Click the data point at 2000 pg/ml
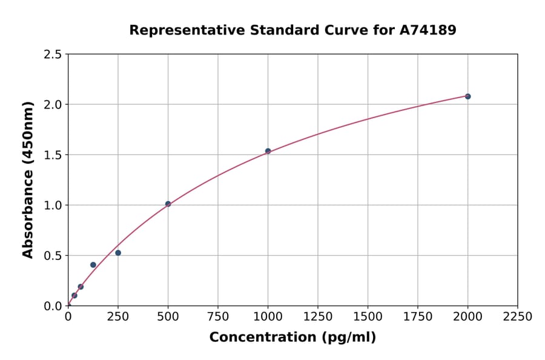(x=467, y=96)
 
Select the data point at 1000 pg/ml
(x=268, y=151)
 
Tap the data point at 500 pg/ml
(x=168, y=204)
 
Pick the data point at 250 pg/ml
(x=118, y=253)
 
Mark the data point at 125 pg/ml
(x=93, y=265)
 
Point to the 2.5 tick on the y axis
(x=53, y=55)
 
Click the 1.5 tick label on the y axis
(x=53, y=155)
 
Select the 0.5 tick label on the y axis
(x=53, y=256)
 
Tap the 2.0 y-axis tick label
(x=53, y=105)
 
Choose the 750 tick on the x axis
(x=218, y=316)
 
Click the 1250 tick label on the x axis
(x=318, y=316)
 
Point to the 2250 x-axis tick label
(x=518, y=316)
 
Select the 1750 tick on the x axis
(x=418, y=316)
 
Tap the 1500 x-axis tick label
(x=368, y=316)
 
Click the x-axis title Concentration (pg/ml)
(x=292, y=338)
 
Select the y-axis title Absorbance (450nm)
(x=28, y=180)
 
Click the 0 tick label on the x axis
(x=68, y=316)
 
